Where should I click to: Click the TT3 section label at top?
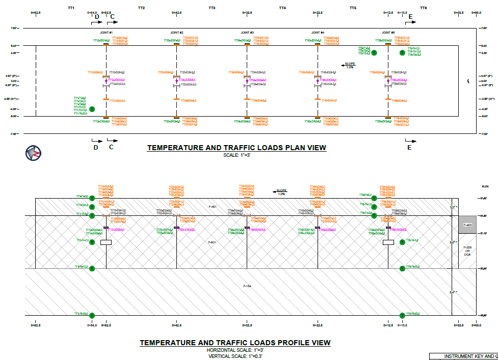coord(212,8)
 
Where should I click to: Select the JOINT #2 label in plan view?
coord(176,33)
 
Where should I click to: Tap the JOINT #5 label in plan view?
coord(388,33)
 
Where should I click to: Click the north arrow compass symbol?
coord(33,152)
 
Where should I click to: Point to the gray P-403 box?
coord(467,225)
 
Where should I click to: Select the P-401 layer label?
coord(213,207)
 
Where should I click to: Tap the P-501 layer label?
coord(213,242)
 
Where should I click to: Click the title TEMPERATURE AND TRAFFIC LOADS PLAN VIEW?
coord(237,148)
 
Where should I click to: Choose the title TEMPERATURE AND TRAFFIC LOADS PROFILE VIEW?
coord(235,343)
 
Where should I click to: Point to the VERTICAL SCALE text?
coord(235,356)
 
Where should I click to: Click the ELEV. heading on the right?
coord(485,187)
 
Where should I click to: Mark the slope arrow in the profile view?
coord(280,191)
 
